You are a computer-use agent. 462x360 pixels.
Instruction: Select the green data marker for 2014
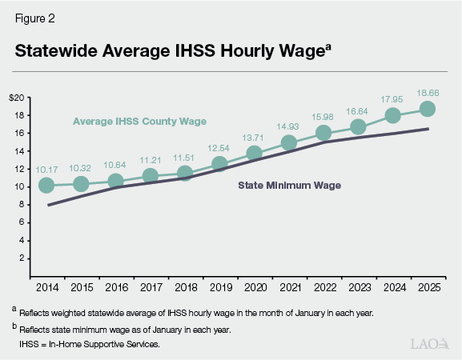point(46,185)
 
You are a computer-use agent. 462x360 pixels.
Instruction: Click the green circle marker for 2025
point(427,109)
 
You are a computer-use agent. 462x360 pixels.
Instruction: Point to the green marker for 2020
point(254,153)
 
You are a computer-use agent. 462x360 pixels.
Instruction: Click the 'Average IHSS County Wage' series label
point(139,122)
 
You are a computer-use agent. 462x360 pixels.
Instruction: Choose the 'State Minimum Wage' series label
point(290,186)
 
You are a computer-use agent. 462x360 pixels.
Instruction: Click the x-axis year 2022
point(323,286)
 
